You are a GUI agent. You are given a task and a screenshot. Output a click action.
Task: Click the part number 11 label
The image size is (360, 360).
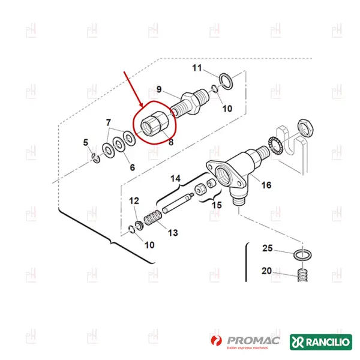(197, 68)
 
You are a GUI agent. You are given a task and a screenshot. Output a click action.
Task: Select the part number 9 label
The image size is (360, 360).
(159, 90)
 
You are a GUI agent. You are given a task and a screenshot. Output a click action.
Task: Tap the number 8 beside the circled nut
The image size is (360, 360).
(170, 143)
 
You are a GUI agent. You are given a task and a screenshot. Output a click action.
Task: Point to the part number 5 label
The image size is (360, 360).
(85, 143)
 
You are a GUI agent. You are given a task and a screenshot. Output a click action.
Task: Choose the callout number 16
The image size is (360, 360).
(266, 185)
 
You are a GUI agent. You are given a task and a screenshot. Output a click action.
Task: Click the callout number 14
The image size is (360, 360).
(175, 179)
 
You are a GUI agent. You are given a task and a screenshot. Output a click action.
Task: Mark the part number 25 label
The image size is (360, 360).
(268, 248)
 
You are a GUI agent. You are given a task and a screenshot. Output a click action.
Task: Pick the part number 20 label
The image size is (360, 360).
(268, 271)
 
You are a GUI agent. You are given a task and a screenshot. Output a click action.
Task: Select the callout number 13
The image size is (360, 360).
(173, 232)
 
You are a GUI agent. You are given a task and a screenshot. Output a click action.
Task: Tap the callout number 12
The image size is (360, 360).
(134, 200)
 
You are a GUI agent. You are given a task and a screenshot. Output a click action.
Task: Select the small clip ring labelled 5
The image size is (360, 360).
(95, 158)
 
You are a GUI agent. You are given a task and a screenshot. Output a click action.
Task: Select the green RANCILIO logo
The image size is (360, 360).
(320, 342)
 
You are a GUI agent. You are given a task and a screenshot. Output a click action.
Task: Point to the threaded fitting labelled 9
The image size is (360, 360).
(187, 103)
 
